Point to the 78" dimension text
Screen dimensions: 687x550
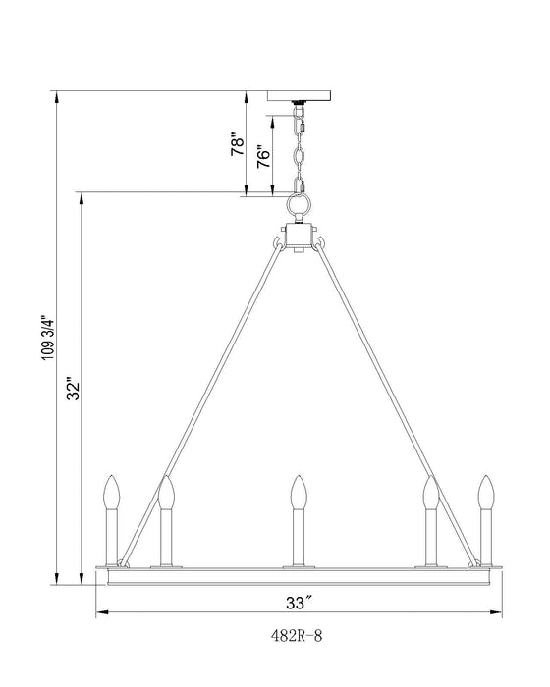(236, 146)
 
